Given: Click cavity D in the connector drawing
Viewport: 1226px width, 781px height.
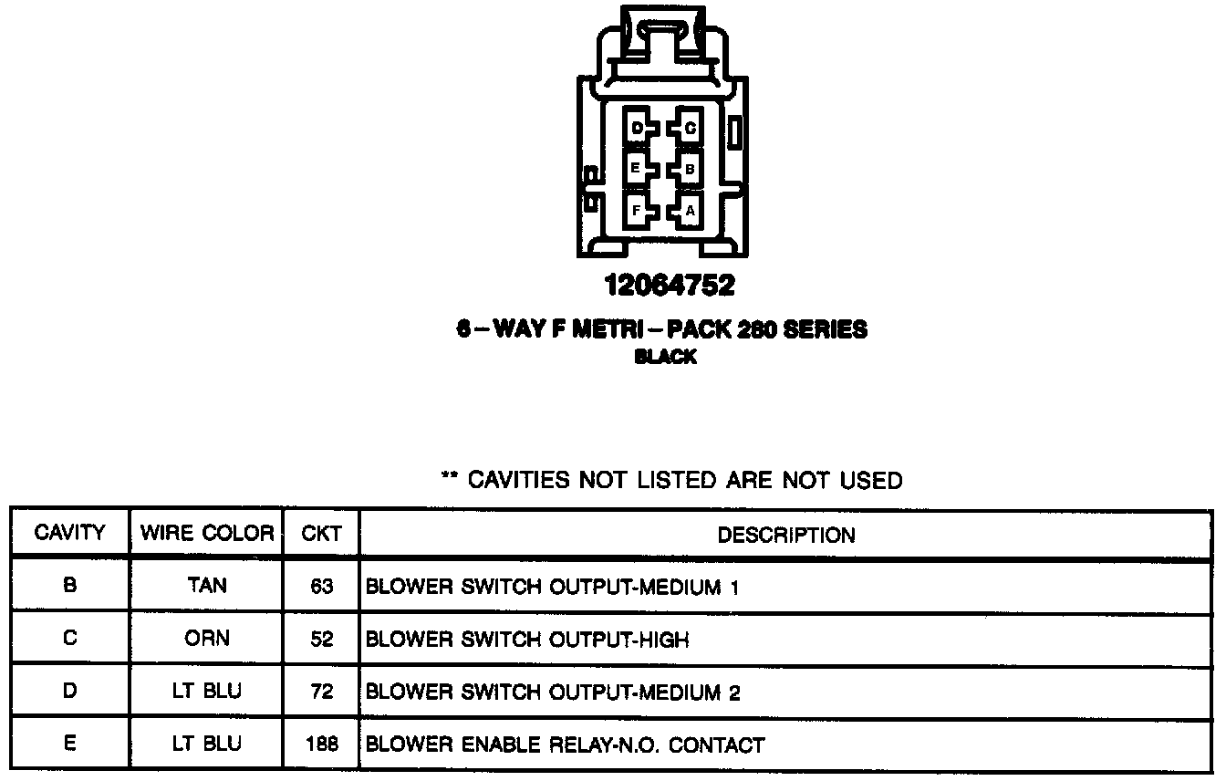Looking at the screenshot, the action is pyautogui.click(x=638, y=129).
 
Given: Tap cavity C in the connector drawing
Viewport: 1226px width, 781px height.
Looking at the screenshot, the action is pyautogui.click(x=689, y=129).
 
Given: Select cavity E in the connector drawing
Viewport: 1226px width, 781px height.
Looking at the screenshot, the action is pyautogui.click(x=636, y=169).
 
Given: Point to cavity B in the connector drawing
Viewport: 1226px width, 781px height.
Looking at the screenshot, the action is pyautogui.click(x=689, y=169).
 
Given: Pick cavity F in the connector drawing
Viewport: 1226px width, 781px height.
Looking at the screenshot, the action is pyautogui.click(x=637, y=211).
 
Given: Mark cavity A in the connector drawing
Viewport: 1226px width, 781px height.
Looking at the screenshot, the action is pyautogui.click(x=689, y=211).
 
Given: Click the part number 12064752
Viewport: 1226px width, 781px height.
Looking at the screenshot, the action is pyautogui.click(x=669, y=286).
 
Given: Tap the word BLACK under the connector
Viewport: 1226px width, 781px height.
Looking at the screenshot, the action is pyautogui.click(x=666, y=358).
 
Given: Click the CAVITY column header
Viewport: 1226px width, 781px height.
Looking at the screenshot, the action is pyautogui.click(x=69, y=533).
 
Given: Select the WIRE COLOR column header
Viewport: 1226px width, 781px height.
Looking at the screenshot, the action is pyautogui.click(x=207, y=533).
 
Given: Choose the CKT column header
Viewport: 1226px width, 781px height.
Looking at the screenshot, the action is pyautogui.click(x=321, y=533).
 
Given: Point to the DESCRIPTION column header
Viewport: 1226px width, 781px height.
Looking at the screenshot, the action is pyautogui.click(x=786, y=535).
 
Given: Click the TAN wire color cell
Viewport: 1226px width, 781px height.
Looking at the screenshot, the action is pyautogui.click(x=207, y=586).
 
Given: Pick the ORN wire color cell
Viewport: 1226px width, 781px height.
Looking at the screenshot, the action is pyautogui.click(x=207, y=639).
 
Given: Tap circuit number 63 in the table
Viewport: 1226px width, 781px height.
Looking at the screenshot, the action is pyautogui.click(x=322, y=587).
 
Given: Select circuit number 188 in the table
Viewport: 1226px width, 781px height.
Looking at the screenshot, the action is pyautogui.click(x=322, y=745).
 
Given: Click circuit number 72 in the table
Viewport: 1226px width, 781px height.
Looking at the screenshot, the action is pyautogui.click(x=322, y=692).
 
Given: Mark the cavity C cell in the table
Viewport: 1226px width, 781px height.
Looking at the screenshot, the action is pyautogui.click(x=70, y=639).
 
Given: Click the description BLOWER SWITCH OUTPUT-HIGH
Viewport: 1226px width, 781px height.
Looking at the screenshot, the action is pyautogui.click(x=526, y=640).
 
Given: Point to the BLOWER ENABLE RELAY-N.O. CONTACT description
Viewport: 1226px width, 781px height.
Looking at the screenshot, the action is pyautogui.click(x=565, y=745).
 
